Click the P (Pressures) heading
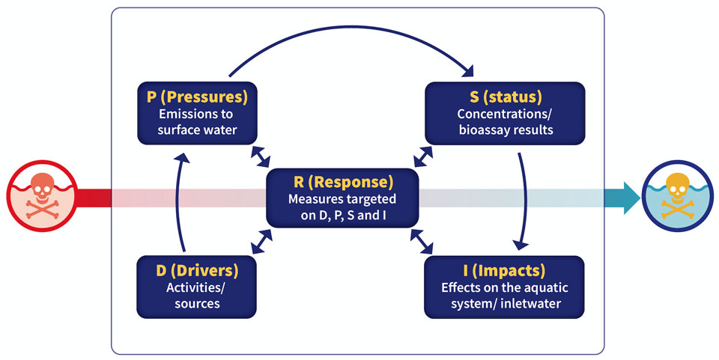click(x=197, y=97)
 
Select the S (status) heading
click(x=506, y=97)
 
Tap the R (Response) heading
click(x=343, y=182)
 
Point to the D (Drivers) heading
click(x=197, y=270)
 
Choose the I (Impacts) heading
click(x=504, y=270)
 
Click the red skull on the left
click(x=42, y=195)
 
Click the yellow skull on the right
click(x=677, y=195)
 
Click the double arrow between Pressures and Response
click(x=261, y=157)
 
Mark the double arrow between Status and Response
click(x=423, y=157)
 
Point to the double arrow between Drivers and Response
click(x=262, y=242)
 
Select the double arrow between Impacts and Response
click(x=422, y=242)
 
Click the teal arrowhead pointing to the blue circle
click(x=631, y=198)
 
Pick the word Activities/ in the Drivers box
click(x=196, y=288)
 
